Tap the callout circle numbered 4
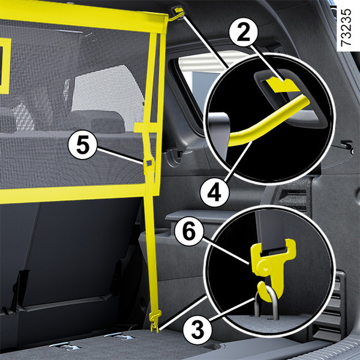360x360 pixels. tap(214, 193)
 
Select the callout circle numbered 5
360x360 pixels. tap(83, 145)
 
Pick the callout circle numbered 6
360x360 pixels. tap(189, 232)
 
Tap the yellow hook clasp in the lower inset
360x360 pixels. tap(273, 269)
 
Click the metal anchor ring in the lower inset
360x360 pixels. tap(266, 305)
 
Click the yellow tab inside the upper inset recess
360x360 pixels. tap(282, 85)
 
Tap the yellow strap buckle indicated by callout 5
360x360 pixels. tap(149, 163)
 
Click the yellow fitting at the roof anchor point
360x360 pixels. tap(179, 11)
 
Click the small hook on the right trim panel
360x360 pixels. tap(347, 146)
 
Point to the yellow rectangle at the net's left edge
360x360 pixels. tap(5, 66)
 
